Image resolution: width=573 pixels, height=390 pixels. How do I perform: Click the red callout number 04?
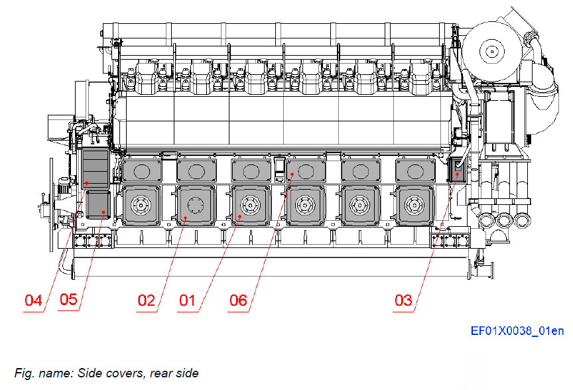[x=33, y=300]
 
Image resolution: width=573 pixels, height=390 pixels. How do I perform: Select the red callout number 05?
[x=68, y=300]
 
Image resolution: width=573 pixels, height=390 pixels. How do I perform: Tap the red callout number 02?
[x=147, y=300]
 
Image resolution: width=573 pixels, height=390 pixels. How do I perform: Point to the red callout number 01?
[x=188, y=300]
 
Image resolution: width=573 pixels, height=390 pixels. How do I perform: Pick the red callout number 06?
[x=237, y=300]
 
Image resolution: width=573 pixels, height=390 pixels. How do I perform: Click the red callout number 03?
[x=403, y=300]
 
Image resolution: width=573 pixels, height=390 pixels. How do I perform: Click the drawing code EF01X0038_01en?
[x=517, y=331]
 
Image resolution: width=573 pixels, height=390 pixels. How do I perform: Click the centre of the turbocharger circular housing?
[x=491, y=50]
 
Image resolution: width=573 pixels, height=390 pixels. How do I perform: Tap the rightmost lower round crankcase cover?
[x=414, y=206]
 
